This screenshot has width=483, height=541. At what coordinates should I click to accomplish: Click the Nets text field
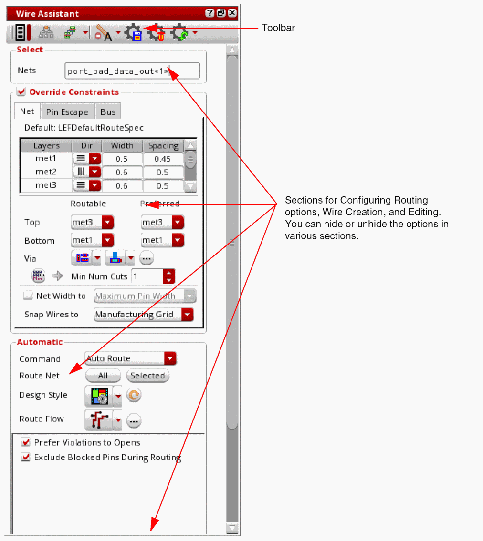[132, 71]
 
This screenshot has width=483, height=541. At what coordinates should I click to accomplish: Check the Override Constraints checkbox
[21, 92]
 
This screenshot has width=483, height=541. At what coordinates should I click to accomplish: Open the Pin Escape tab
[67, 112]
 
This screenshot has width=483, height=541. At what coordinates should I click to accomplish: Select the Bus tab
[108, 112]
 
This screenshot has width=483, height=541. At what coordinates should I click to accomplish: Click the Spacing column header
[163, 145]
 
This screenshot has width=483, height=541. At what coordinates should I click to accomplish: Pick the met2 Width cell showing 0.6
[122, 172]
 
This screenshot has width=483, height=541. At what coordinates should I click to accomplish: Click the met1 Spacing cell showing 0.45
[163, 159]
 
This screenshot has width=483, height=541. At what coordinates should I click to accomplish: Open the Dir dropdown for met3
[95, 185]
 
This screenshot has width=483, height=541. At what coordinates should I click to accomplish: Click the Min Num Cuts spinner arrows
[168, 276]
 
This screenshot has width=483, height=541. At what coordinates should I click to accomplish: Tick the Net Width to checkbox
[28, 296]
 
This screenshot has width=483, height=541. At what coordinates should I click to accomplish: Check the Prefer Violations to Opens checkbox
[26, 442]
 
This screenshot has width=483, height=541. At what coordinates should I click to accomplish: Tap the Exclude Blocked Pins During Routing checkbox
[26, 457]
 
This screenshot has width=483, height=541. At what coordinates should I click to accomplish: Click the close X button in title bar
[232, 13]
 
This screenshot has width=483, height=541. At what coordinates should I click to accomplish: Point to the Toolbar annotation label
[278, 28]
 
